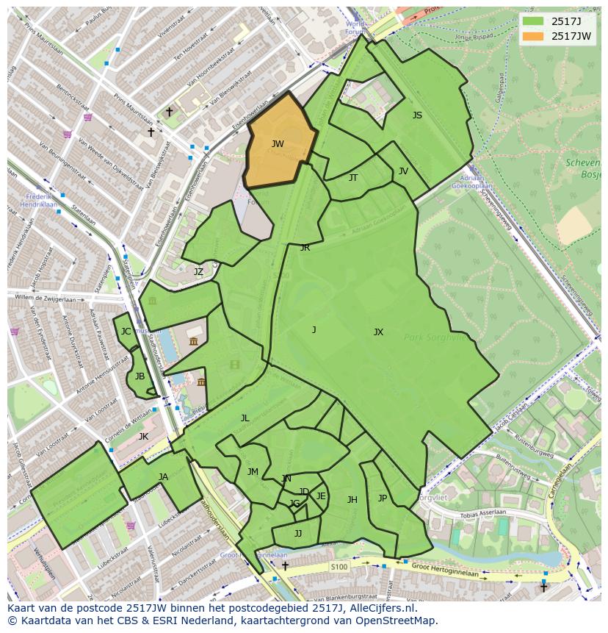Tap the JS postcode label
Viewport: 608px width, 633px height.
click(417, 115)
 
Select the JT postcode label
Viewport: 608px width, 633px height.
click(353, 178)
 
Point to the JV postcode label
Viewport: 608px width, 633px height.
click(403, 171)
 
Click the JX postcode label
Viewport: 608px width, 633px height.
click(378, 332)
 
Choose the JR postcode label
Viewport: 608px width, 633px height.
click(305, 248)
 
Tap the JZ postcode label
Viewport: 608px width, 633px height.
click(198, 272)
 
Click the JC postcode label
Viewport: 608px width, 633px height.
click(126, 332)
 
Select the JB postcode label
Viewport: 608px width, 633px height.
click(140, 376)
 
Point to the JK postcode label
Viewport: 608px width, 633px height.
click(143, 437)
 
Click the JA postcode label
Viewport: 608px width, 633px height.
click(163, 477)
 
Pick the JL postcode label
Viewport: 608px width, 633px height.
click(245, 418)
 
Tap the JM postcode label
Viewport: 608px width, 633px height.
click(253, 472)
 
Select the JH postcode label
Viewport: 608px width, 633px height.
click(352, 500)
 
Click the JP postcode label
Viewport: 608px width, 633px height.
click(383, 498)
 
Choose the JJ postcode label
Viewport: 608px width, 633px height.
click(298, 534)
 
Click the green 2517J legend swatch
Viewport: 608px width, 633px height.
click(534, 21)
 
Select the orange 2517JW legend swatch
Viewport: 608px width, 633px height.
click(534, 36)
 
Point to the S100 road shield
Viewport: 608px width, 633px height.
click(339, 567)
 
